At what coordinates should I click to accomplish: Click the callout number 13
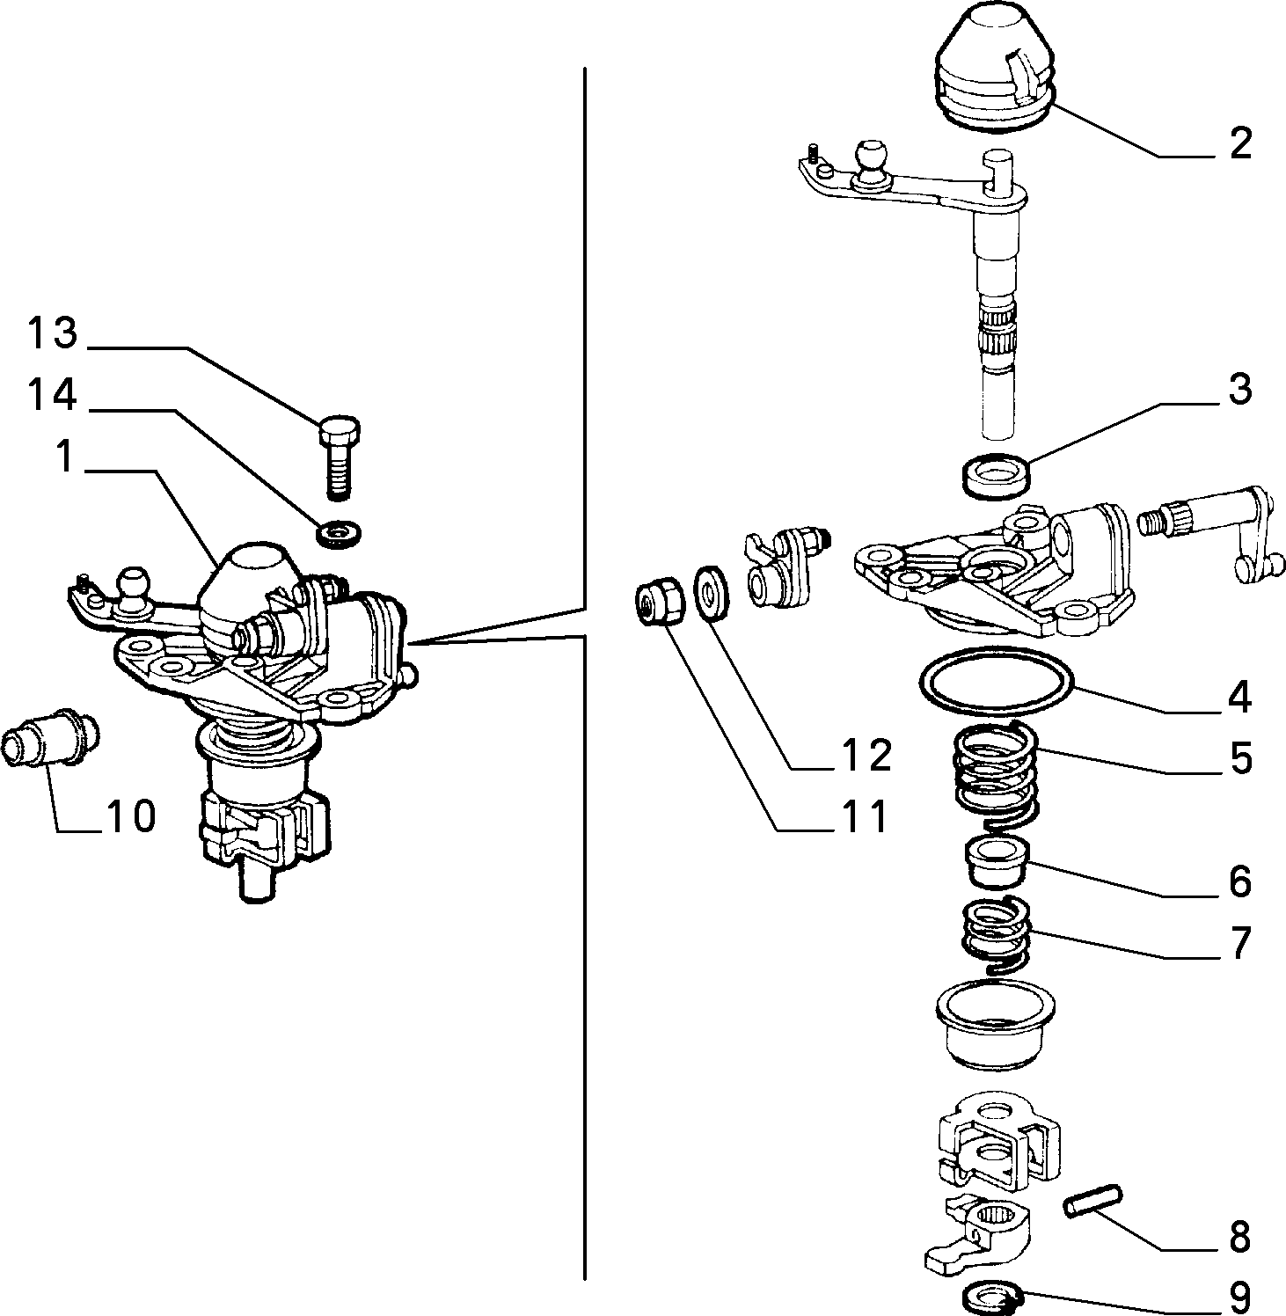pos(53,334)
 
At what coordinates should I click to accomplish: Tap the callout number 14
pos(53,395)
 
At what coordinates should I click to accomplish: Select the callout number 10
pos(129,816)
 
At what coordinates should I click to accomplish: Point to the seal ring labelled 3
pos(994,476)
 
